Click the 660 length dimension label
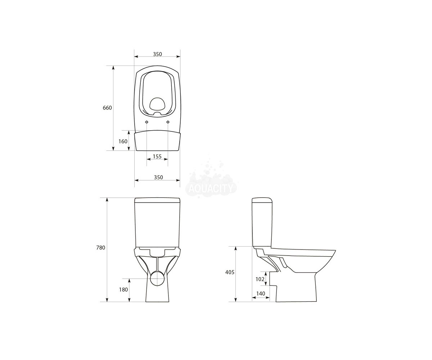107,108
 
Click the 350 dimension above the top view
157,54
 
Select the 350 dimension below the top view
158,177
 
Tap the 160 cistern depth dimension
123,141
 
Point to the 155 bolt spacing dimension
157,156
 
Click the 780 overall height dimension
101,247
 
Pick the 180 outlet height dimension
123,290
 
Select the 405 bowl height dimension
230,272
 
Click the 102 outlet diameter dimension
260,279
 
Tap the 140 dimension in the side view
261,294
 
